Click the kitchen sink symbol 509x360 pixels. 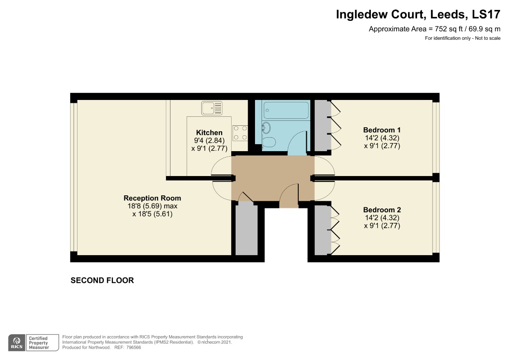coord(212,107)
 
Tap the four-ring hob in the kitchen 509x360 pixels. coord(240,132)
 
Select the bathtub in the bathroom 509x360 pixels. coord(286,109)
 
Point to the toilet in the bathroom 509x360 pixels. coord(269,143)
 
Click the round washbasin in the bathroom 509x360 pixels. coord(266,128)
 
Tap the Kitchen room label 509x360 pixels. coord(209,133)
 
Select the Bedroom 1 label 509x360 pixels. coord(382,130)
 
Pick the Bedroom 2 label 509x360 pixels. coord(382,209)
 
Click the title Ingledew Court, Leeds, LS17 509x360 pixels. coord(418,14)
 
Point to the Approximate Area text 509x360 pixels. coord(434,29)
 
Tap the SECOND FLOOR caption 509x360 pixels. coord(102,280)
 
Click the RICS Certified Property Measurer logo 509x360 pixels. coord(30,343)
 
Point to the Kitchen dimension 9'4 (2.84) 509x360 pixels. coord(209,141)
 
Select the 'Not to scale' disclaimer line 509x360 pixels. coord(462,39)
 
